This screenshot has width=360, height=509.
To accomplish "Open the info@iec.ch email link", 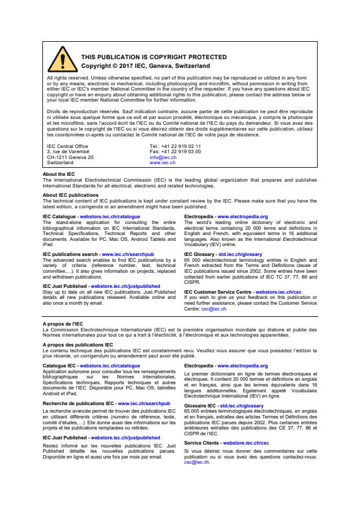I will [x=162, y=157].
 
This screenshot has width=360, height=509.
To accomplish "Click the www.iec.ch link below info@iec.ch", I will [x=163, y=163].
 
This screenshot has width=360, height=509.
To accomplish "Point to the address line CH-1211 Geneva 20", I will [x=70, y=157].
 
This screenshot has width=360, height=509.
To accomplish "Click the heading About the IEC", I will [x=59, y=174].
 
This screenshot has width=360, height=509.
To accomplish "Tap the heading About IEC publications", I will [x=71, y=195].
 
